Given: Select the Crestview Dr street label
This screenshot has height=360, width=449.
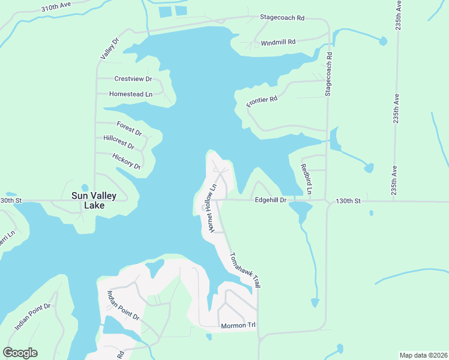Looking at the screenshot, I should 134,79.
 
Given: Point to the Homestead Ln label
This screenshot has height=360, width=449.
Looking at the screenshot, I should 131,94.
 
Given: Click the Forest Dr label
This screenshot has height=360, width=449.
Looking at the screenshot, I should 129,128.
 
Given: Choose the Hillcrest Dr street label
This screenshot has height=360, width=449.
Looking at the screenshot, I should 119,142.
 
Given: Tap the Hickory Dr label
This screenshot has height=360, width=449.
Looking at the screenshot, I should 126,161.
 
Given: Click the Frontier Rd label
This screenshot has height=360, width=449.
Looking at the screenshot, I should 262,101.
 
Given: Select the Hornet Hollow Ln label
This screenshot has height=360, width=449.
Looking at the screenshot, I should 211,209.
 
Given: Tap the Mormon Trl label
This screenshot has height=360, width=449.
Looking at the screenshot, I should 238,326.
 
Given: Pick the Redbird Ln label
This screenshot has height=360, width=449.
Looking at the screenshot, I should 306,179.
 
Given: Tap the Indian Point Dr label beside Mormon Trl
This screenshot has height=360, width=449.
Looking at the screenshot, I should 123,305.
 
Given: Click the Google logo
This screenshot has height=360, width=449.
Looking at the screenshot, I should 20,353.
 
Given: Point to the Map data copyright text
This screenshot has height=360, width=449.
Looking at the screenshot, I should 423,355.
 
